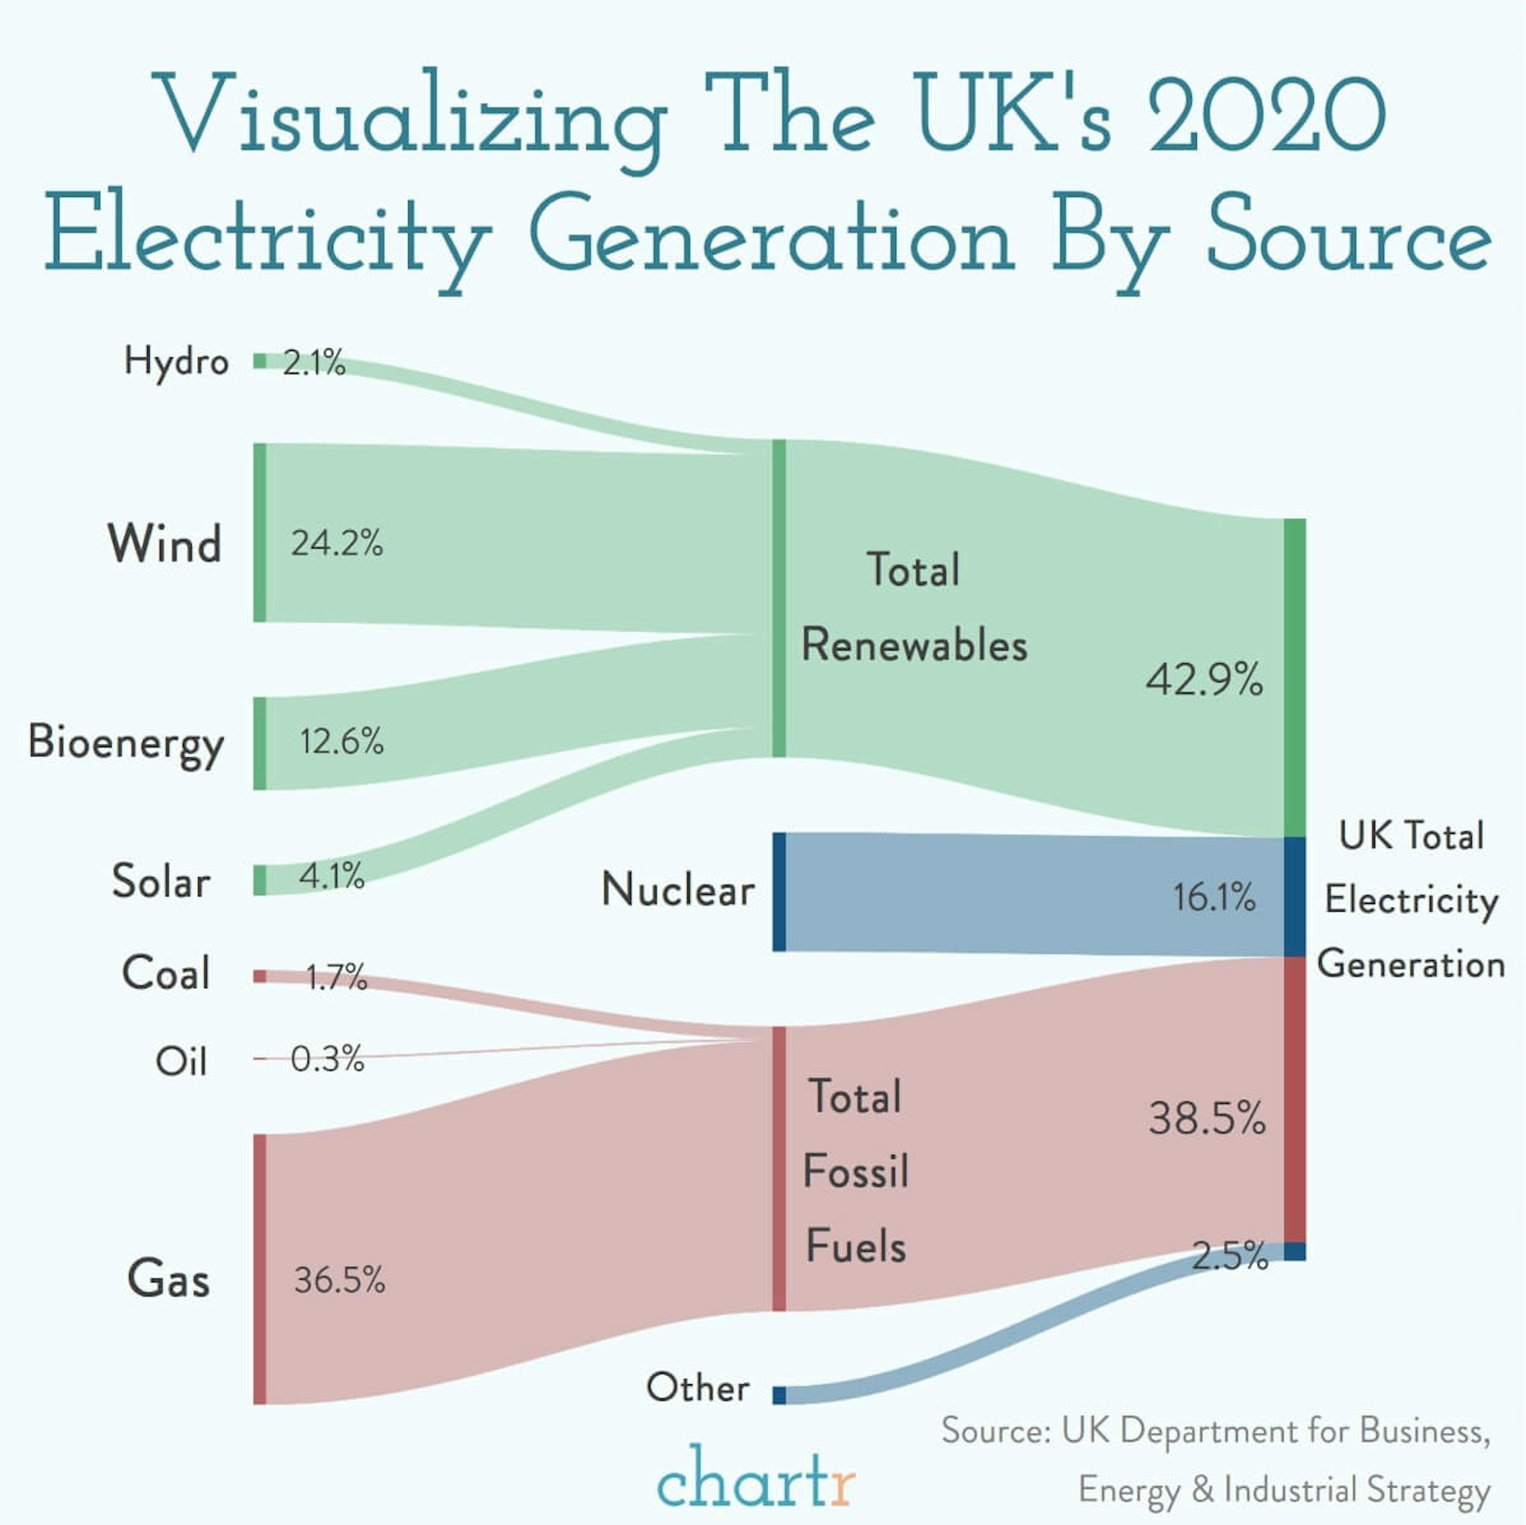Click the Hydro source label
pyautogui.click(x=176, y=362)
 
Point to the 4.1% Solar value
pyautogui.click(x=332, y=876)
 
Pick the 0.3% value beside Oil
pyautogui.click(x=327, y=1059)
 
